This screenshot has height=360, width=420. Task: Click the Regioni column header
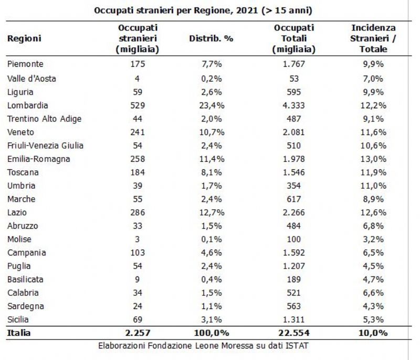tap(24, 38)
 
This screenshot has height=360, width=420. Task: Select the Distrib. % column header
tap(211, 38)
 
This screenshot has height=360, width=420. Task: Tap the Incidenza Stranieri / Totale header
tap(373, 38)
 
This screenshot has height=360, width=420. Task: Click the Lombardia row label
tap(28, 105)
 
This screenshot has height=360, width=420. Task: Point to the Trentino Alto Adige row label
tap(44, 119)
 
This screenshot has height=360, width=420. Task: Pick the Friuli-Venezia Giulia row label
tap(45, 146)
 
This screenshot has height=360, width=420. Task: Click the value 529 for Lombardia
tap(138, 105)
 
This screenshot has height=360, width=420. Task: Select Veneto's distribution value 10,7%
tap(212, 132)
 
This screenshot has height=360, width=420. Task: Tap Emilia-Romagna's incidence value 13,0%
tap(373, 159)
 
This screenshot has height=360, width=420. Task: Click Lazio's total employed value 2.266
tap(294, 212)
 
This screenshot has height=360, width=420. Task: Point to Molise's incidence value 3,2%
tap(373, 239)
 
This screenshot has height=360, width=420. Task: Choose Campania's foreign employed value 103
tap(138, 252)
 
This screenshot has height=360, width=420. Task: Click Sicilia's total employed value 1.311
tap(294, 320)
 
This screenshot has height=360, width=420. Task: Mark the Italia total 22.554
tap(294, 333)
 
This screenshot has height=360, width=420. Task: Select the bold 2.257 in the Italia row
tap(138, 333)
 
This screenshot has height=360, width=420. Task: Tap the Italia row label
tap(19, 333)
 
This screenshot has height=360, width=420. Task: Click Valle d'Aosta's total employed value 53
tap(294, 78)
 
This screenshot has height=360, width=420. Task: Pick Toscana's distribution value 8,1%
tap(212, 172)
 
